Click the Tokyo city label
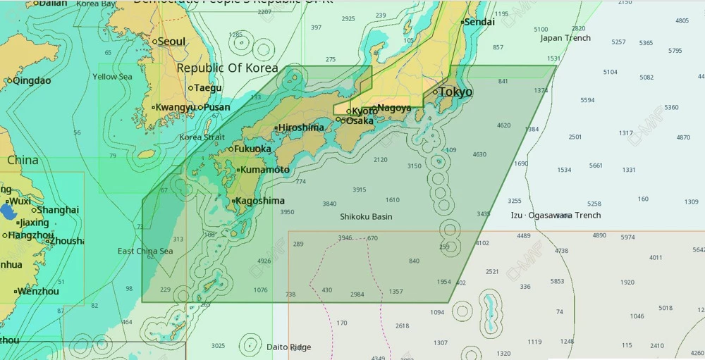455,92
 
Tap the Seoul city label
171,42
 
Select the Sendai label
479,22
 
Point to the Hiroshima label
301,128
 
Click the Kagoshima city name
259,201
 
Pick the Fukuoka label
252,149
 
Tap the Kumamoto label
264,170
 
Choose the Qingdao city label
32,80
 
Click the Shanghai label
57,210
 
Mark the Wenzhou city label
38,291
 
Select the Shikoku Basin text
366,217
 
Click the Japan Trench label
565,38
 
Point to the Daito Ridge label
288,347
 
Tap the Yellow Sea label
112,77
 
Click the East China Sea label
145,252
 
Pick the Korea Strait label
202,137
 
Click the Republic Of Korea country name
227,68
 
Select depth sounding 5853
557,281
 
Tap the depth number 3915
359,190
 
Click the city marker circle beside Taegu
190,88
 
